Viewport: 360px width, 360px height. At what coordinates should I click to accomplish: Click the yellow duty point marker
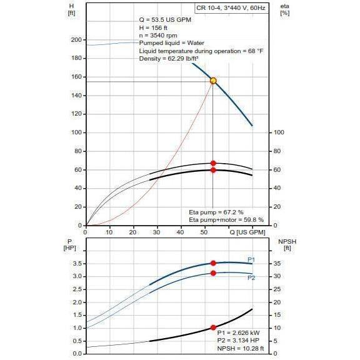coord(213,81)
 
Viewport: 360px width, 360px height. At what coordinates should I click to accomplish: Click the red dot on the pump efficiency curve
coord(213,163)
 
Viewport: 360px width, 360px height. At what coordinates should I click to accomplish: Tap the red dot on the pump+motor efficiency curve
coord(213,170)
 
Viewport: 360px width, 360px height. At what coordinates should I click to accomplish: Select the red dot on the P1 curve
coord(213,263)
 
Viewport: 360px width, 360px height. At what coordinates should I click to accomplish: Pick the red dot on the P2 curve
coord(213,273)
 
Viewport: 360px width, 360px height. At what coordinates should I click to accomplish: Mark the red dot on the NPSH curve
coord(213,327)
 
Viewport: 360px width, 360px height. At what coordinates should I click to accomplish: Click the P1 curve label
coord(251,259)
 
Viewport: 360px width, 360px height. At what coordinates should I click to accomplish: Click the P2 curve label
coord(251,277)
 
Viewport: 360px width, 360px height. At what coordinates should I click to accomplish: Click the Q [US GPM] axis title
coord(248,232)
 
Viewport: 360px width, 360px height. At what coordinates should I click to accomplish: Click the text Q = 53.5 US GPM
coord(165,20)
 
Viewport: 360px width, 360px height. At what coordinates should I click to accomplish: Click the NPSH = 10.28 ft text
coord(240,348)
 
